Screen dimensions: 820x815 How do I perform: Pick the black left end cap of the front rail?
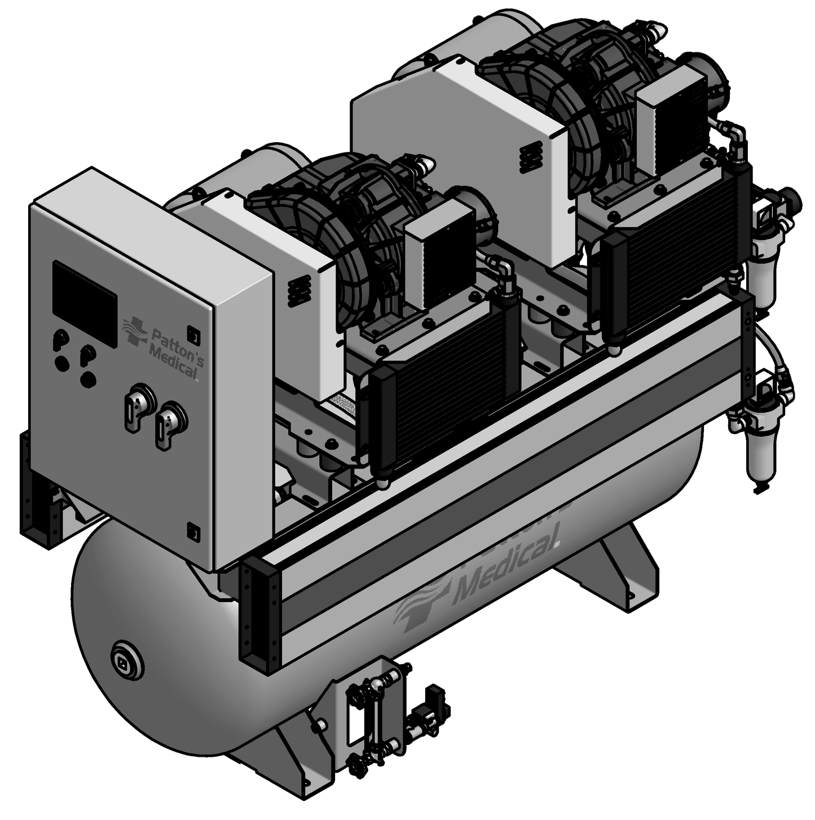coord(258,609)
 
